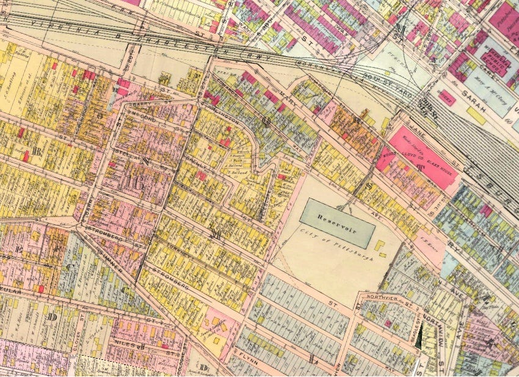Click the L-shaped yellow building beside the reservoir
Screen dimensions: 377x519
pos(380,247)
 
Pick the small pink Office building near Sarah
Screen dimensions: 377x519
pos(448,98)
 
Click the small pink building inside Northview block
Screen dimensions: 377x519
pos(387,323)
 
